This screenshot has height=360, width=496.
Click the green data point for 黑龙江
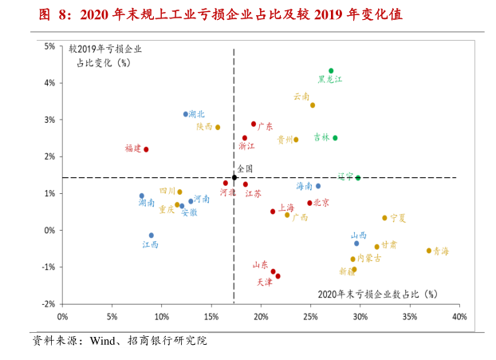click(x=331, y=71)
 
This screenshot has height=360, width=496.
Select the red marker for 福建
click(x=146, y=149)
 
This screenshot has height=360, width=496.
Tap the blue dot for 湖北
click(x=186, y=114)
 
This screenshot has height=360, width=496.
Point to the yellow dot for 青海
click(x=428, y=251)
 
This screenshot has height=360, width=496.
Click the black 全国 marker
click(x=234, y=177)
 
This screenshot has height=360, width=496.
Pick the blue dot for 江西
click(x=152, y=235)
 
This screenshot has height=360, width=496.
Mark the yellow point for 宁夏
click(x=384, y=218)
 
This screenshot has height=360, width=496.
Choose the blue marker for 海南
click(x=318, y=186)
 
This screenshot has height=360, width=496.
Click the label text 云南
click(x=301, y=97)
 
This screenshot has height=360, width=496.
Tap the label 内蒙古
click(x=368, y=258)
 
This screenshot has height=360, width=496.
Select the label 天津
click(x=264, y=282)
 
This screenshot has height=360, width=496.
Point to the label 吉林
click(x=321, y=137)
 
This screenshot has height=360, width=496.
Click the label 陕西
click(x=204, y=126)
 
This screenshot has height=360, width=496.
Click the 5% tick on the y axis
click(x=49, y=46)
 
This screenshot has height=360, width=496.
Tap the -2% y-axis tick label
click(x=48, y=304)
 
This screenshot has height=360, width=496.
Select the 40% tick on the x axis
click(x=459, y=317)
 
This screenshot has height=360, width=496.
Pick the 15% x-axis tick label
click(x=211, y=317)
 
